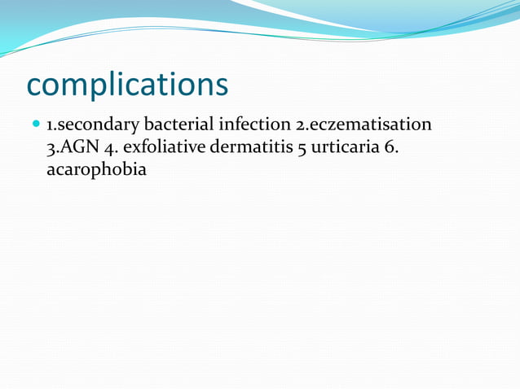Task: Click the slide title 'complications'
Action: pyautogui.click(x=127, y=84)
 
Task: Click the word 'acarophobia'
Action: pyautogui.click(x=96, y=171)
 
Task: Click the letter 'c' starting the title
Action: pyautogui.click(x=36, y=85)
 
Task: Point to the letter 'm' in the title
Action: pyautogui.click(x=79, y=85)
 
